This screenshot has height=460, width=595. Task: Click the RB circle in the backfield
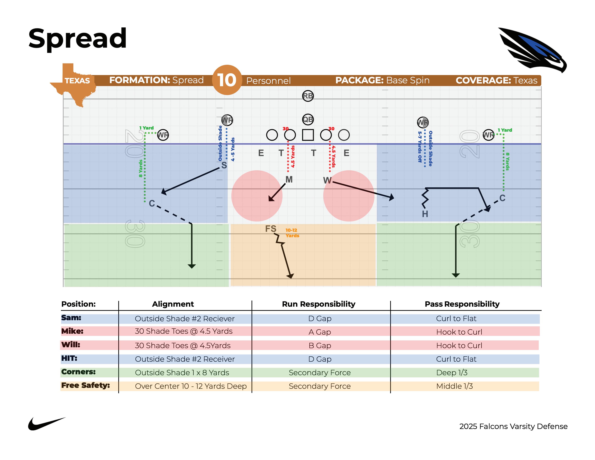[x=308, y=96]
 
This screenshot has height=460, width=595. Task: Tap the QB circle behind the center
[x=308, y=119]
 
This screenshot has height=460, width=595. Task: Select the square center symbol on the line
[x=308, y=135]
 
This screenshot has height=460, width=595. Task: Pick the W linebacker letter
[x=327, y=180]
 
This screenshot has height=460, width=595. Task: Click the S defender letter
[x=224, y=165]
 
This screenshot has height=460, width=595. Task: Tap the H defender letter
[x=425, y=214]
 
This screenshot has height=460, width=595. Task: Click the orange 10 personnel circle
[x=227, y=80]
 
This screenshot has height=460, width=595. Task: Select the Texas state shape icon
[x=73, y=84]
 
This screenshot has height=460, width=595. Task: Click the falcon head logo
[x=533, y=50]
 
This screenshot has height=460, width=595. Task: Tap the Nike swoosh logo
[x=47, y=424]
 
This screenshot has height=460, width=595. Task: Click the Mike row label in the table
[x=72, y=331]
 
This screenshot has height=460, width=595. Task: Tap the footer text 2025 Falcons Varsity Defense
[x=513, y=426]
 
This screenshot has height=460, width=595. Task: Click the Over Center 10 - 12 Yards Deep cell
[x=191, y=386]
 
